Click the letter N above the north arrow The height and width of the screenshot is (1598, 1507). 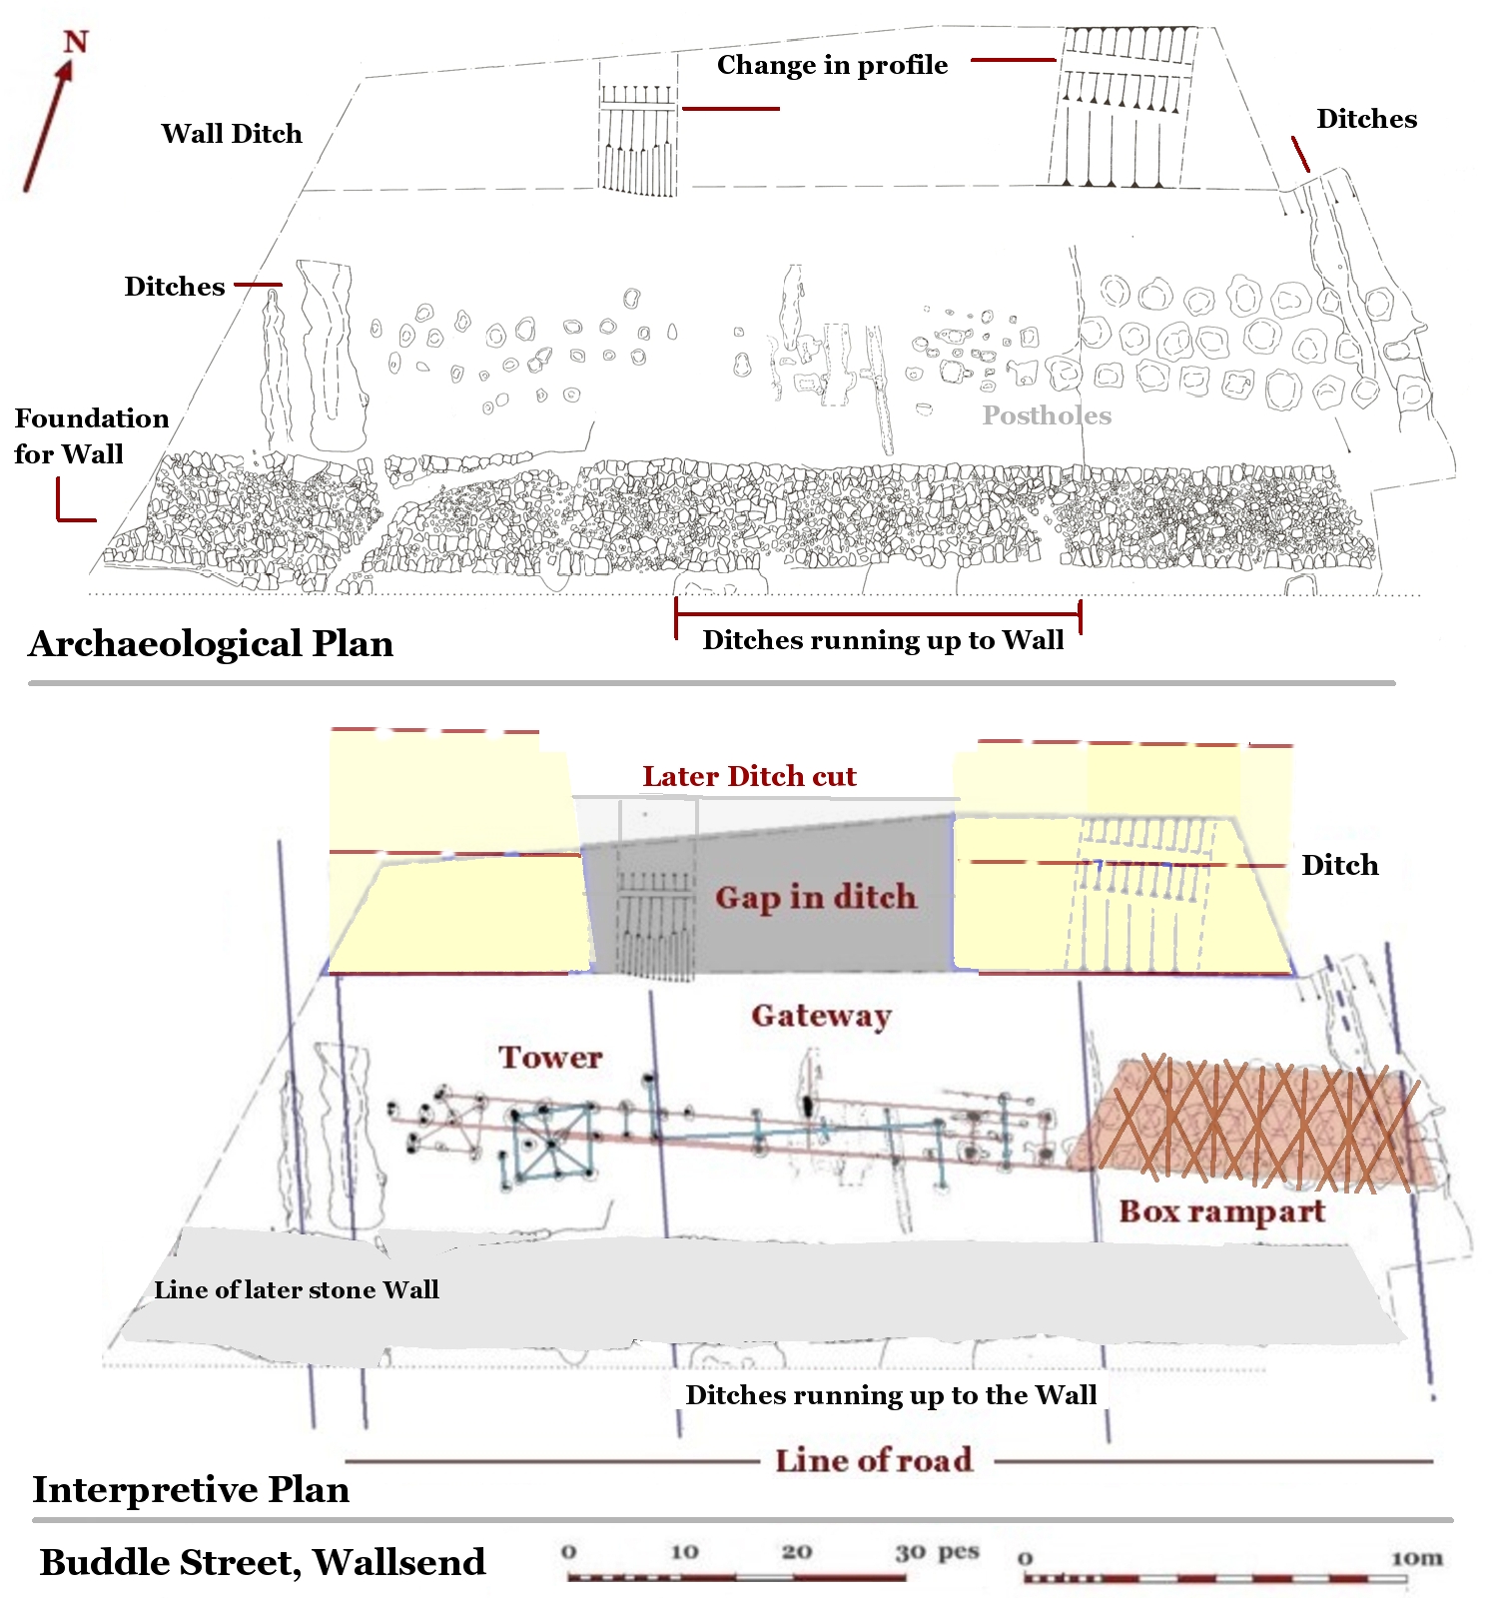point(76,42)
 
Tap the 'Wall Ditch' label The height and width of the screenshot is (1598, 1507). point(232,134)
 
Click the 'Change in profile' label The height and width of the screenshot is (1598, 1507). point(832,65)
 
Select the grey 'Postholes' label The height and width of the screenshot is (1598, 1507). point(1046,415)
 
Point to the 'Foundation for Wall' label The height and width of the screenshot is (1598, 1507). point(91,435)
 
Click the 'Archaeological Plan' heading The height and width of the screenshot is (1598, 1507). point(211,644)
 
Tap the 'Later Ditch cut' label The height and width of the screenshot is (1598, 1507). point(749,776)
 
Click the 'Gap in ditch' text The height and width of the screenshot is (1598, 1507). point(815,897)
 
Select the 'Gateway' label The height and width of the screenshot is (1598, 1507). point(821,1016)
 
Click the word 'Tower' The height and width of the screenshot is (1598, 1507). point(550,1058)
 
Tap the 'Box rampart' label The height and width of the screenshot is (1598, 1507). point(1221,1211)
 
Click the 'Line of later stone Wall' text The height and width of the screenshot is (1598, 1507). point(297,1289)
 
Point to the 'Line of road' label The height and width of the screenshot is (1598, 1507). point(874,1460)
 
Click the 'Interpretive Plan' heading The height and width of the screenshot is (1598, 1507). point(191,1489)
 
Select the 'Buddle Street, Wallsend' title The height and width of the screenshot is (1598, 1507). point(263,1562)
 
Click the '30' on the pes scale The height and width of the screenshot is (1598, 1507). point(910,1552)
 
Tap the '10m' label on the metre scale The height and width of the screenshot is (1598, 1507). point(1416,1558)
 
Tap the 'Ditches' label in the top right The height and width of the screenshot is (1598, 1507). point(1366,119)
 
